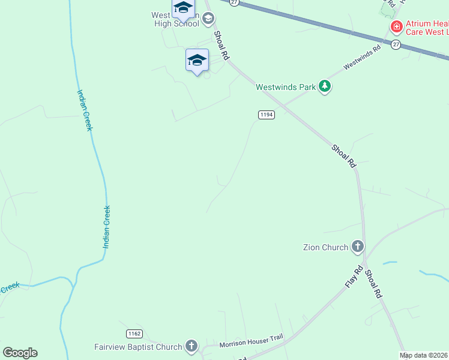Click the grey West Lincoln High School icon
coord(208,19)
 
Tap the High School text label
coord(176,24)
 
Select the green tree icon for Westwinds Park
coord(325,86)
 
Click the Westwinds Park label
coord(286,87)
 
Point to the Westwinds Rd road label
coord(362,58)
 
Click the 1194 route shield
coord(267,115)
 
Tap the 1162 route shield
coord(134,333)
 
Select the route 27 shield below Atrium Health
coord(396,44)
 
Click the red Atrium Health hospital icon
coord(396,27)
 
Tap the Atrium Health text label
coord(427,28)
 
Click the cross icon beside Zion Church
coord(358,247)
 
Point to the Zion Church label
coord(326,247)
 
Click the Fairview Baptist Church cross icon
coord(191,346)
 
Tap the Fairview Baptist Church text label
coord(138,347)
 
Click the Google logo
coord(20,353)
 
